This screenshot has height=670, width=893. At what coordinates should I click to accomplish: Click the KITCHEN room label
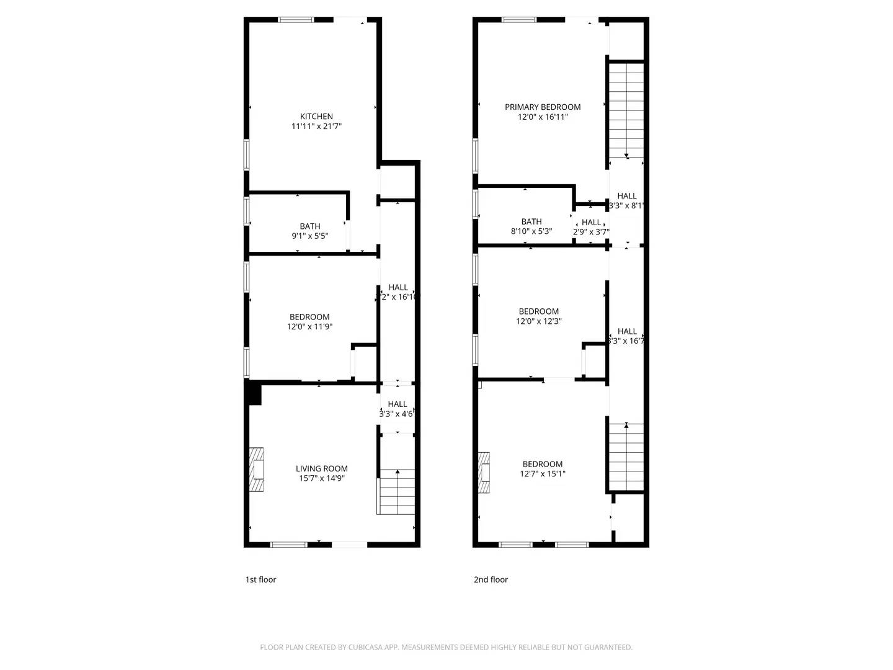316,116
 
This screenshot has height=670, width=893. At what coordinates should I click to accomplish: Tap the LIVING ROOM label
321,468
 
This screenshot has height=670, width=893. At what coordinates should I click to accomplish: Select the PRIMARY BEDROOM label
543,107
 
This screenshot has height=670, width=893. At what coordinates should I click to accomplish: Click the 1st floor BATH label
310,226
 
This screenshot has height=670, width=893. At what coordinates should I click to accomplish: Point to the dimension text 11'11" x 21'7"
316,127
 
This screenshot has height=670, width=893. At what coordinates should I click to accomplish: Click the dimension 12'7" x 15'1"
543,474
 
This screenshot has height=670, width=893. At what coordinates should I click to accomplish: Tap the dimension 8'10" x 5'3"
531,231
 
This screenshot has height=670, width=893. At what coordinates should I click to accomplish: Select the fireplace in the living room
257,470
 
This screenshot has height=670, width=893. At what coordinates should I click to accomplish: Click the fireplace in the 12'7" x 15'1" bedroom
484,473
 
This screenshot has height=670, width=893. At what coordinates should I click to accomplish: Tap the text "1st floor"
260,579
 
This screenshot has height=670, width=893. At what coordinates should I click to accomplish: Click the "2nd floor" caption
491,579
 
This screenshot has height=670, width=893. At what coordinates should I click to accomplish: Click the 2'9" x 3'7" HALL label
591,222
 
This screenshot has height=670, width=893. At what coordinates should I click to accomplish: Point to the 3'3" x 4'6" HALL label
398,404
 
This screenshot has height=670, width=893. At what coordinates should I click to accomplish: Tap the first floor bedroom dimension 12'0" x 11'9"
309,326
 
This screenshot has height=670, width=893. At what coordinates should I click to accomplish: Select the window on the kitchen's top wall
296,20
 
